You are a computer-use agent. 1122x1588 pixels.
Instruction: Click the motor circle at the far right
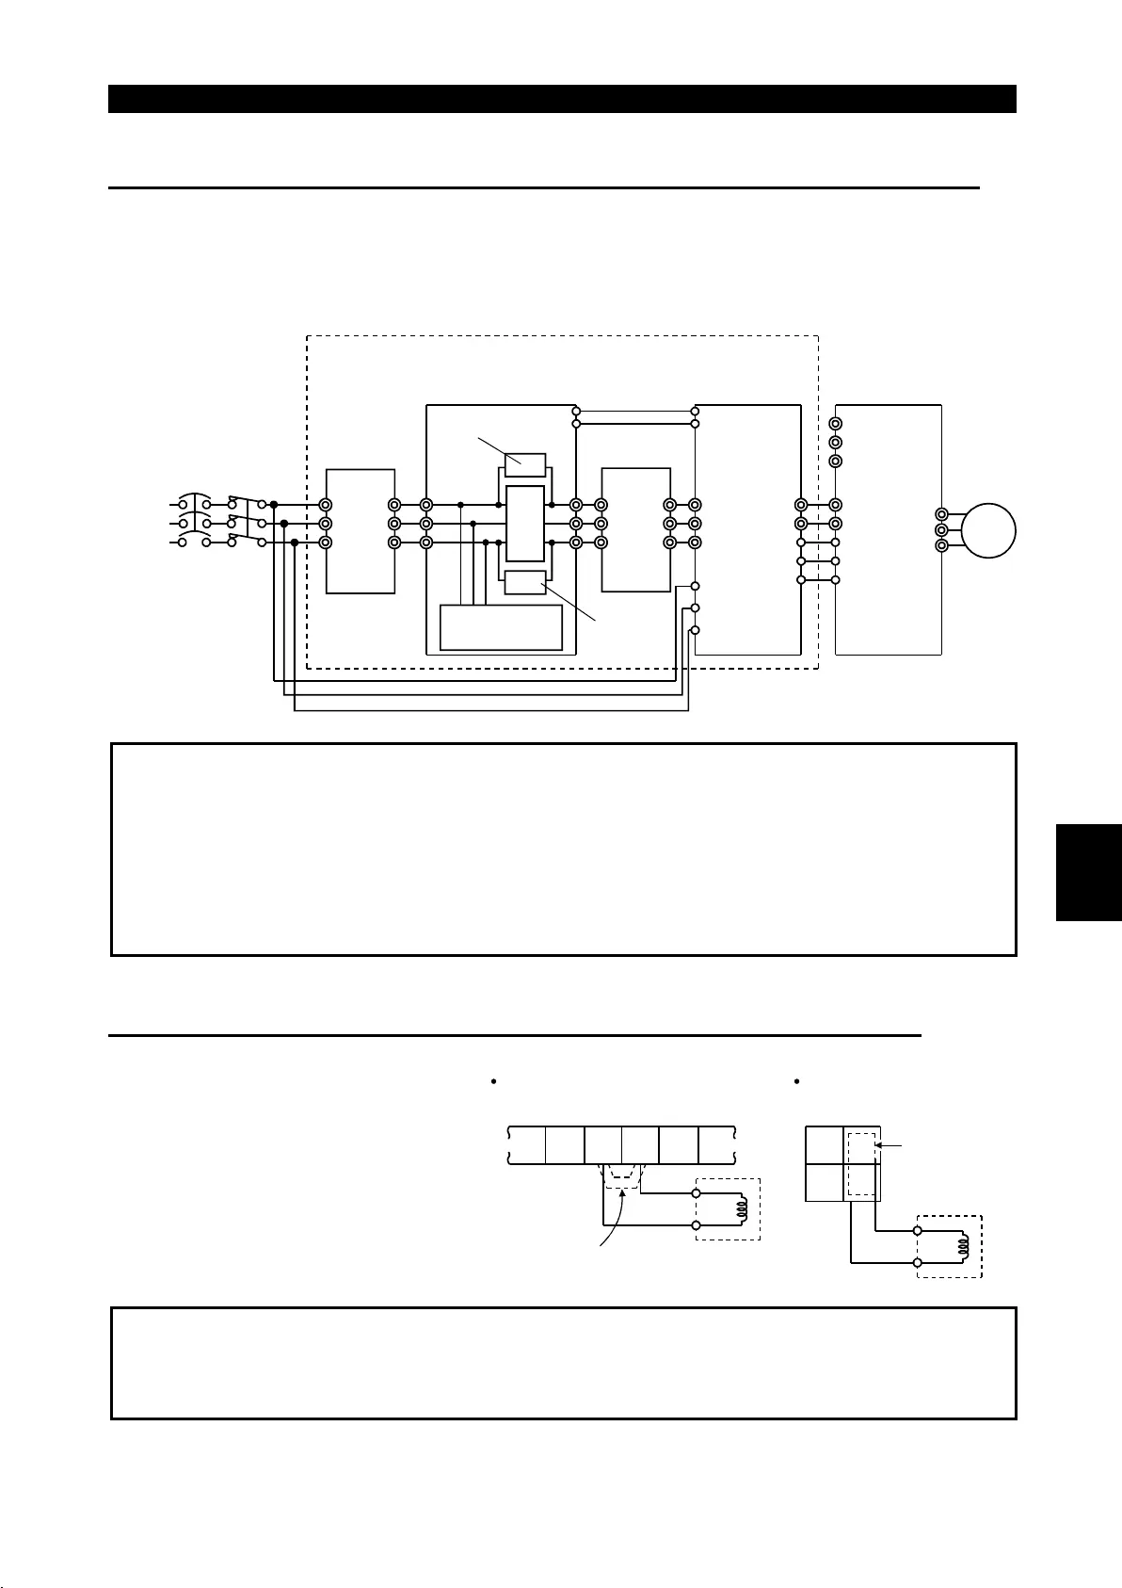click(988, 530)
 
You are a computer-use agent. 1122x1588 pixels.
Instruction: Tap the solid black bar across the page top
click(562, 99)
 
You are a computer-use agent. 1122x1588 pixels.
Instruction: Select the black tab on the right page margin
click(1088, 871)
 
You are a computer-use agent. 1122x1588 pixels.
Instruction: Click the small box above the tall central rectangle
click(525, 465)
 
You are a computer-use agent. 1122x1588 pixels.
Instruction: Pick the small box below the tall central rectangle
click(525, 582)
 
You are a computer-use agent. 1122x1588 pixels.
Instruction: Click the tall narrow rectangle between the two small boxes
click(525, 524)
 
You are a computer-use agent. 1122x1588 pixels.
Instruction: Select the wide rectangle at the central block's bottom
click(502, 627)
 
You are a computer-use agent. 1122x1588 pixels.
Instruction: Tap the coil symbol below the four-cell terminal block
click(962, 1246)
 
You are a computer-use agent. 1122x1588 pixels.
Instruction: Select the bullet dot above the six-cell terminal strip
click(492, 1081)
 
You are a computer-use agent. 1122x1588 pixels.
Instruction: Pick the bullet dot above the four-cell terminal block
click(796, 1081)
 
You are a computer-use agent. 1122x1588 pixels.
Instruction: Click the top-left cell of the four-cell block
click(825, 1145)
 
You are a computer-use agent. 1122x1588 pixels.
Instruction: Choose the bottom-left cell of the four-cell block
click(825, 1183)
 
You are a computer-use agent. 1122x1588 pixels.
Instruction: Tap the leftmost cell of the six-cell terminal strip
click(527, 1144)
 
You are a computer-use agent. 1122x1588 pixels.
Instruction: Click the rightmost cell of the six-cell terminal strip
click(716, 1144)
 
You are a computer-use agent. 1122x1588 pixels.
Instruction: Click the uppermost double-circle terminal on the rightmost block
click(835, 424)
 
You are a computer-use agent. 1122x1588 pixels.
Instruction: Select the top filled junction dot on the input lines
click(273, 505)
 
